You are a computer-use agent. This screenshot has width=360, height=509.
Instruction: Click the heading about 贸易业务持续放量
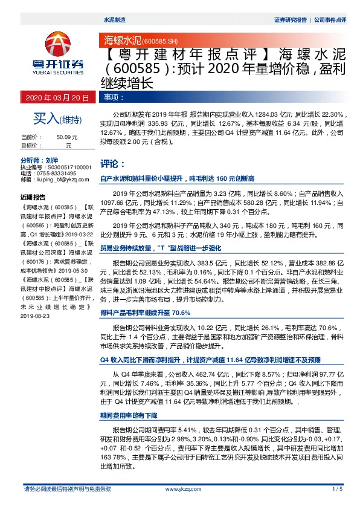(156, 248)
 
